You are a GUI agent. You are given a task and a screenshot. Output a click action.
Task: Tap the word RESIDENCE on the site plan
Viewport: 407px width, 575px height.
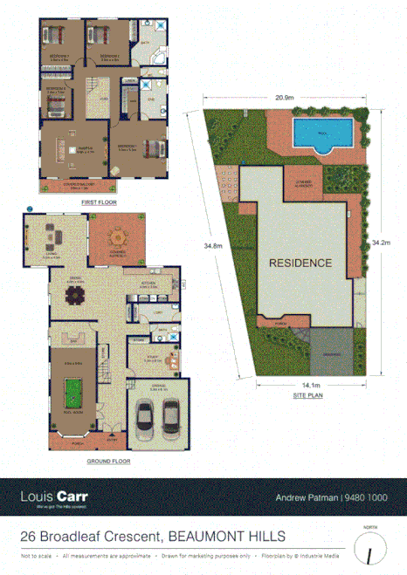(x=300, y=263)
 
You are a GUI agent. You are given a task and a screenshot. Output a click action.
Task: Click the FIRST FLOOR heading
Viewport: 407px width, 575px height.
(x=99, y=202)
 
